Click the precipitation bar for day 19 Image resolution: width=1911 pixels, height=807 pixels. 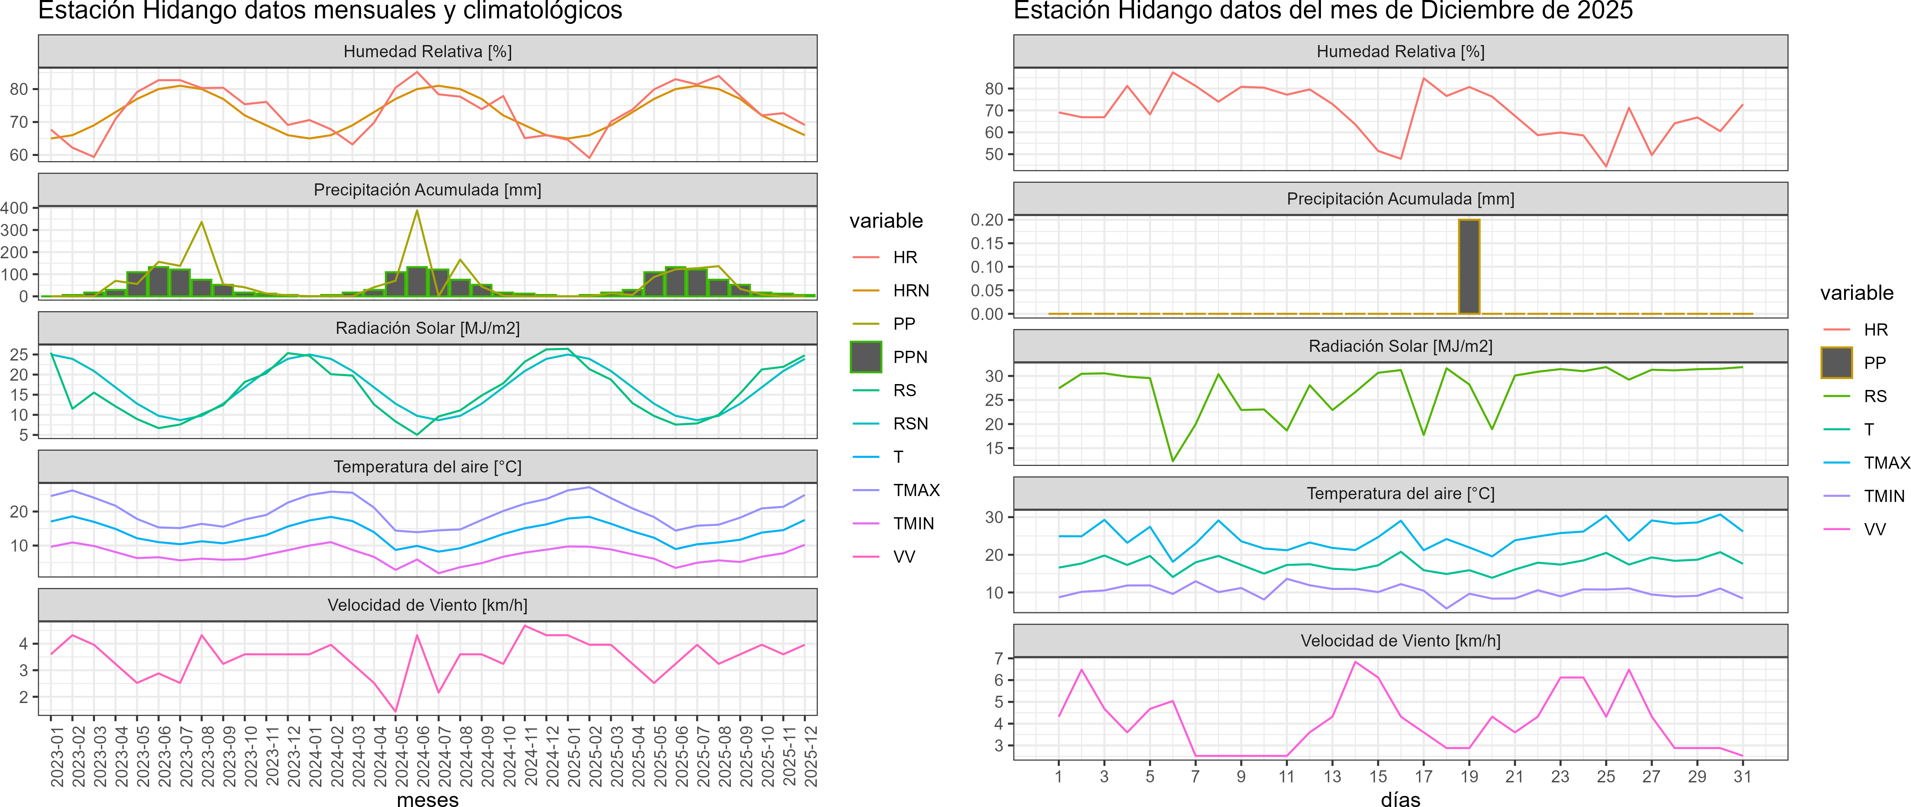1469,267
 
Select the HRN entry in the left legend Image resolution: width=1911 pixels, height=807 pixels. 911,291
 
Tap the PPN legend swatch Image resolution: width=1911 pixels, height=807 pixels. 866,357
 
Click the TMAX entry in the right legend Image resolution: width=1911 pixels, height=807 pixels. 1886,463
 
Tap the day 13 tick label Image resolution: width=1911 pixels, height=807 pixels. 1332,776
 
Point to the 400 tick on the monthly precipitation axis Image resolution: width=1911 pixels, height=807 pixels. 15,208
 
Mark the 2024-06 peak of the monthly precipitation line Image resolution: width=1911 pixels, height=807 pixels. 417,211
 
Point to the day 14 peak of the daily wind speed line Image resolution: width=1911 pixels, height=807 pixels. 1355,662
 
